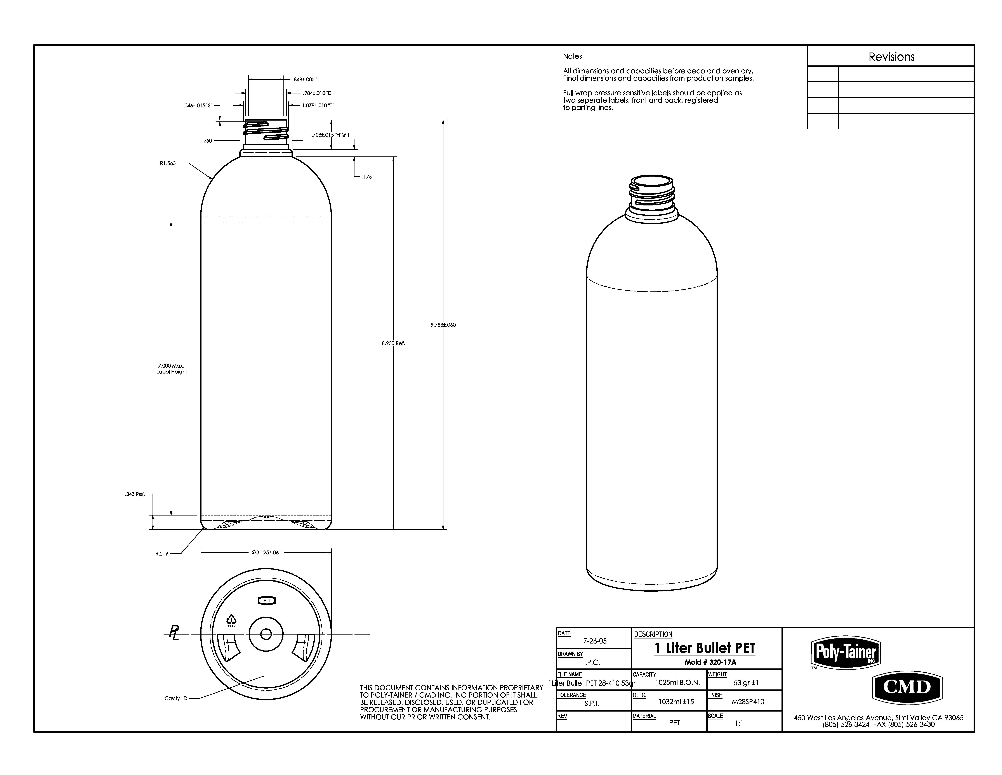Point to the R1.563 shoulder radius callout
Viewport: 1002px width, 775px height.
tap(168, 163)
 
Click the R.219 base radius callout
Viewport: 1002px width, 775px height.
tap(162, 554)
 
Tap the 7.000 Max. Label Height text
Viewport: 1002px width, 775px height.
tap(171, 369)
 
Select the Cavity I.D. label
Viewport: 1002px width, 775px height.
tap(177, 698)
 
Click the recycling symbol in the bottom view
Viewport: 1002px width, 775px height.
tap(232, 621)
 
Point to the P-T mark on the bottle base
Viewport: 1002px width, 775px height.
tap(267, 601)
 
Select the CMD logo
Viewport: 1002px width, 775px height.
tap(906, 687)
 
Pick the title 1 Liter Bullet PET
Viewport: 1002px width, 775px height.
tap(704, 648)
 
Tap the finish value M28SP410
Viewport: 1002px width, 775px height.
tap(748, 701)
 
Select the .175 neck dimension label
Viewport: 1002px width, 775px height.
tap(367, 177)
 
